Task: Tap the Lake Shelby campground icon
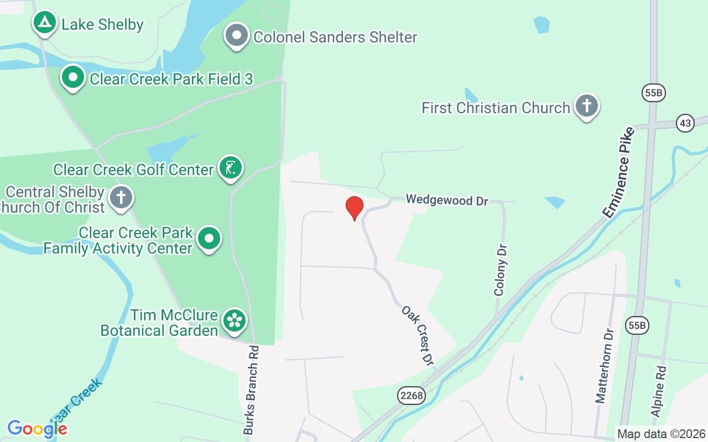tap(44, 23)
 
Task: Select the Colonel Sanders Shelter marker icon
tap(237, 35)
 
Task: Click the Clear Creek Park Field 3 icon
tap(73, 77)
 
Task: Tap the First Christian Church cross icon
tap(586, 106)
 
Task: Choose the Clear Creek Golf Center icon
tap(231, 167)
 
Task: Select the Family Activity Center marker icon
tap(209, 239)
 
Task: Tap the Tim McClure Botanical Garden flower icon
tap(235, 320)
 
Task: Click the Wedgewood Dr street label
tap(447, 199)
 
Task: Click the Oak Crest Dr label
tap(417, 335)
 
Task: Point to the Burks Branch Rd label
tap(252, 390)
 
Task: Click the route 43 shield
tap(685, 123)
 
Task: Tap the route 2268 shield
tap(411, 396)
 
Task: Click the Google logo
tap(37, 428)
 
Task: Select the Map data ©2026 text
tap(662, 434)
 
